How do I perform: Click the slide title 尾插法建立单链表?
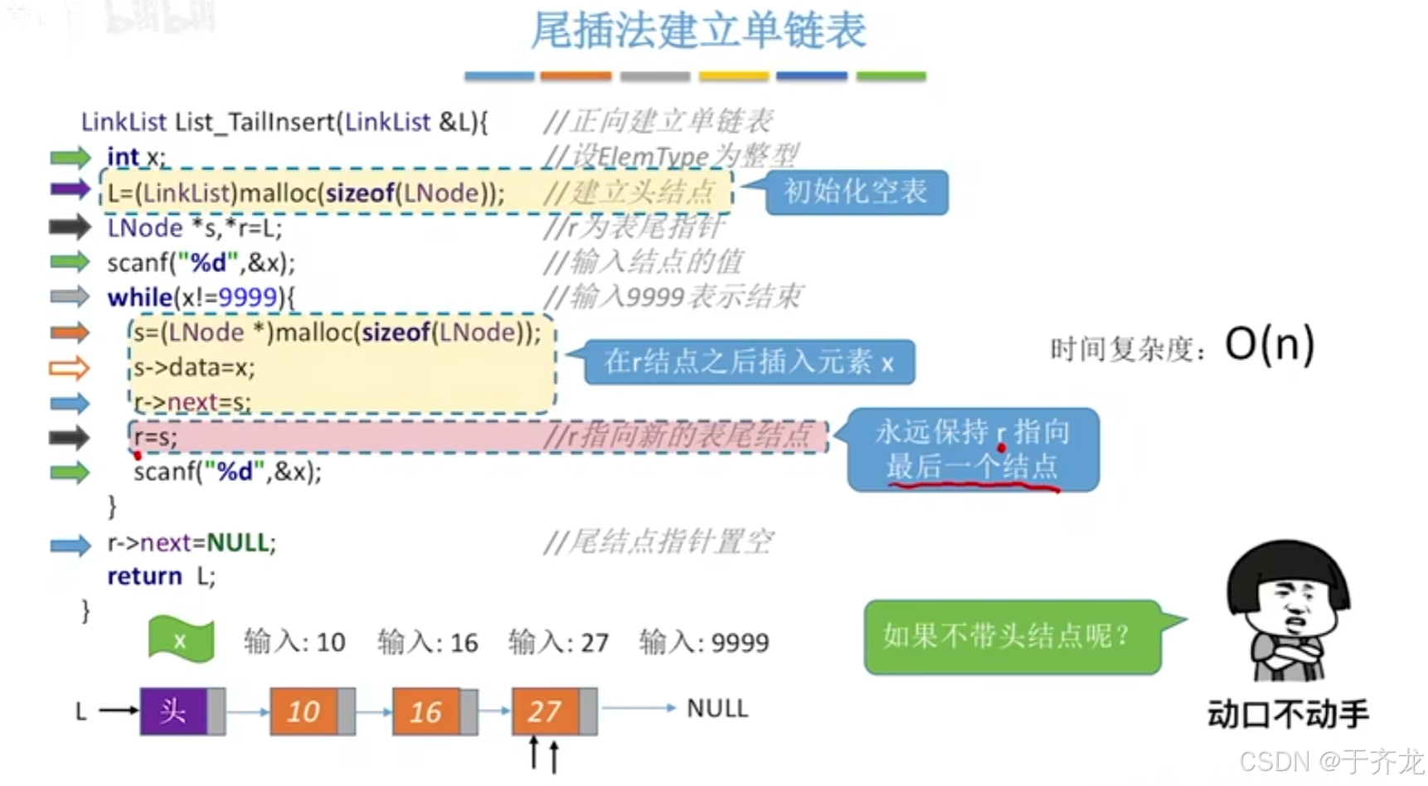point(698,32)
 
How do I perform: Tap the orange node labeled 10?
point(304,711)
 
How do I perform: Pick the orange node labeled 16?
point(426,711)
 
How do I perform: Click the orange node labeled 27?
point(545,711)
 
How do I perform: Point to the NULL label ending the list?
point(717,709)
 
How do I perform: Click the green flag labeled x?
point(181,640)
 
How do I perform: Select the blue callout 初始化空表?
point(856,192)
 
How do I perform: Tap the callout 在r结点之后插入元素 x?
point(749,362)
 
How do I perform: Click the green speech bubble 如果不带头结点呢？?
point(1011,637)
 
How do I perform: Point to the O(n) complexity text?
point(1270,344)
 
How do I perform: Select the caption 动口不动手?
point(1288,714)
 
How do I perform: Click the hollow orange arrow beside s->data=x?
point(69,367)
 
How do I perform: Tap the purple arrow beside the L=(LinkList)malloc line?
point(70,189)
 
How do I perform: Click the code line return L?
point(161,576)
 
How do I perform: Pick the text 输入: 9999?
point(704,643)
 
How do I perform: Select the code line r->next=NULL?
point(192,543)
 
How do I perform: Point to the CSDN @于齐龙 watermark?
point(1331,761)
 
